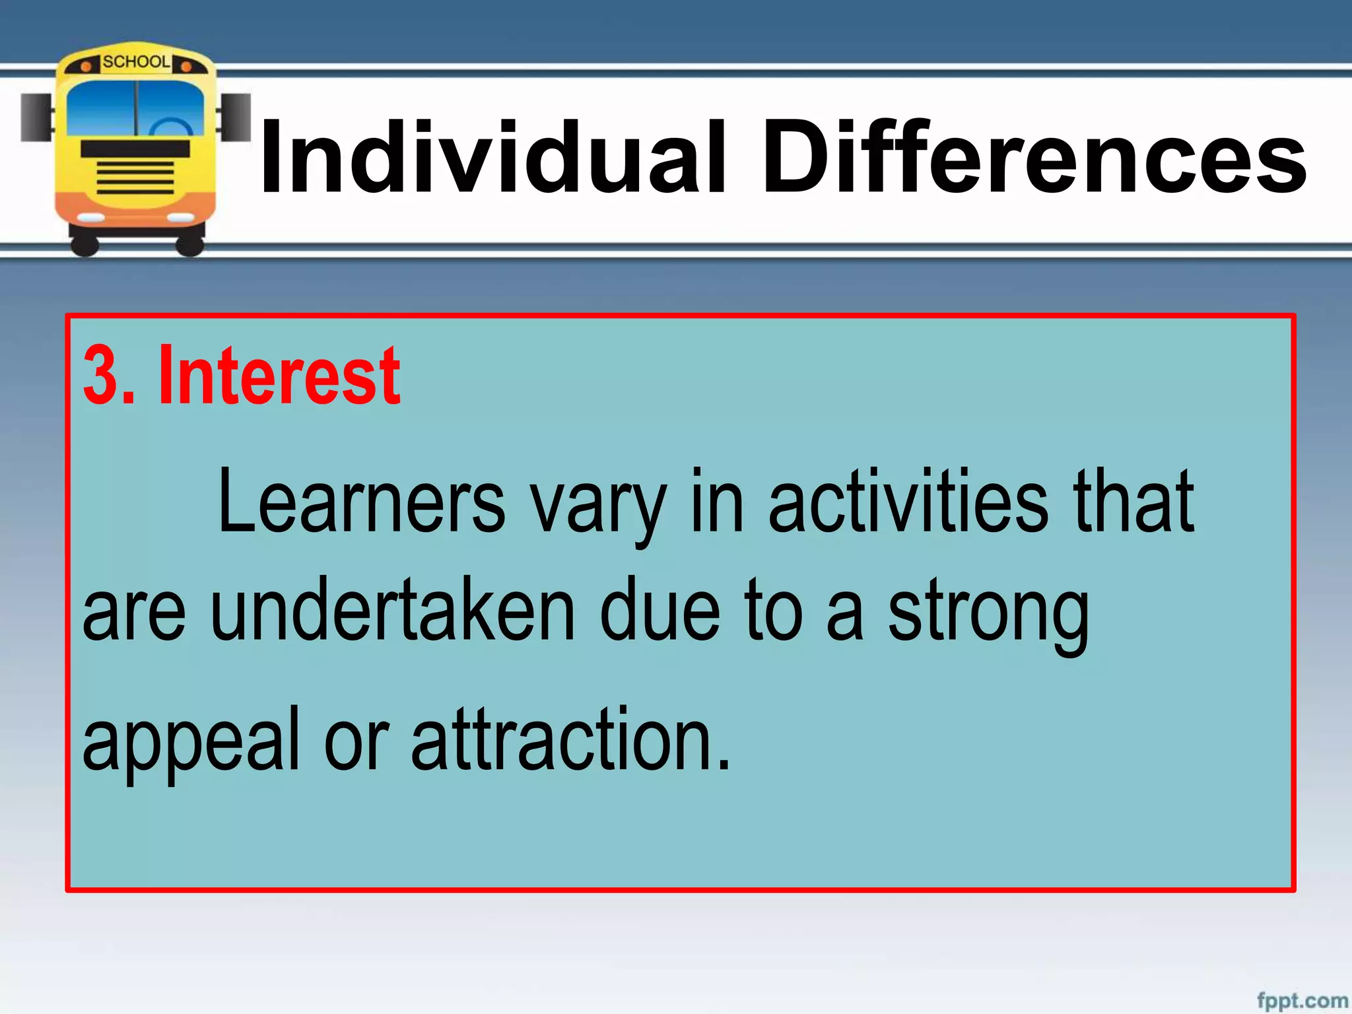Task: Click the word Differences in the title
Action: point(1034,158)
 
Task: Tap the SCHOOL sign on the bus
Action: point(136,62)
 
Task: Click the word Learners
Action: point(361,502)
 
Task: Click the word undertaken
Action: point(393,611)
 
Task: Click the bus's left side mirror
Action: point(36,118)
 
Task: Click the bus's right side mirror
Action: point(236,117)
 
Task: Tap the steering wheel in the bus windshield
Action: point(170,127)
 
